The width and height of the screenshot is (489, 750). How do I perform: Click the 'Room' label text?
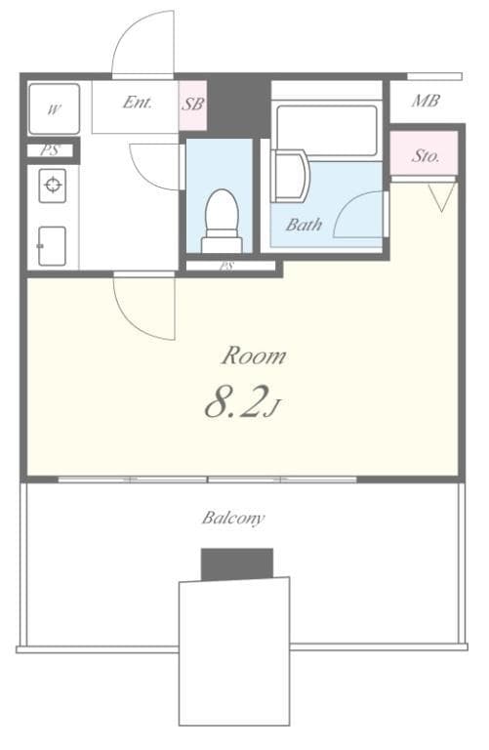253,355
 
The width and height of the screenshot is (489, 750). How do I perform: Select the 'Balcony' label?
233,518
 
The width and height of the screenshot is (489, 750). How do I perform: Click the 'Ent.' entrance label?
138,102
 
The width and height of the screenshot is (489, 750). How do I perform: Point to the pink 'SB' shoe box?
192,104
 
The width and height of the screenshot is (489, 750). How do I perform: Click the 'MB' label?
425,101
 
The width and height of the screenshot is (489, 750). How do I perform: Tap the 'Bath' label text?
304,225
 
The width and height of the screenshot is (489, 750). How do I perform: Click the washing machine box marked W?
53,109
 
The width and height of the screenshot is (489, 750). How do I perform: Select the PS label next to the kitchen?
49,150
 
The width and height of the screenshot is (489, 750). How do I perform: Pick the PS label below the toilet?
226,266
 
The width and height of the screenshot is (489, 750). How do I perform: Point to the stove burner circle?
53,185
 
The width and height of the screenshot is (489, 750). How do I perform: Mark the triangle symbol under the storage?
441,197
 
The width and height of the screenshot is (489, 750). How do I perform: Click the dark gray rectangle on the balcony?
236,563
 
